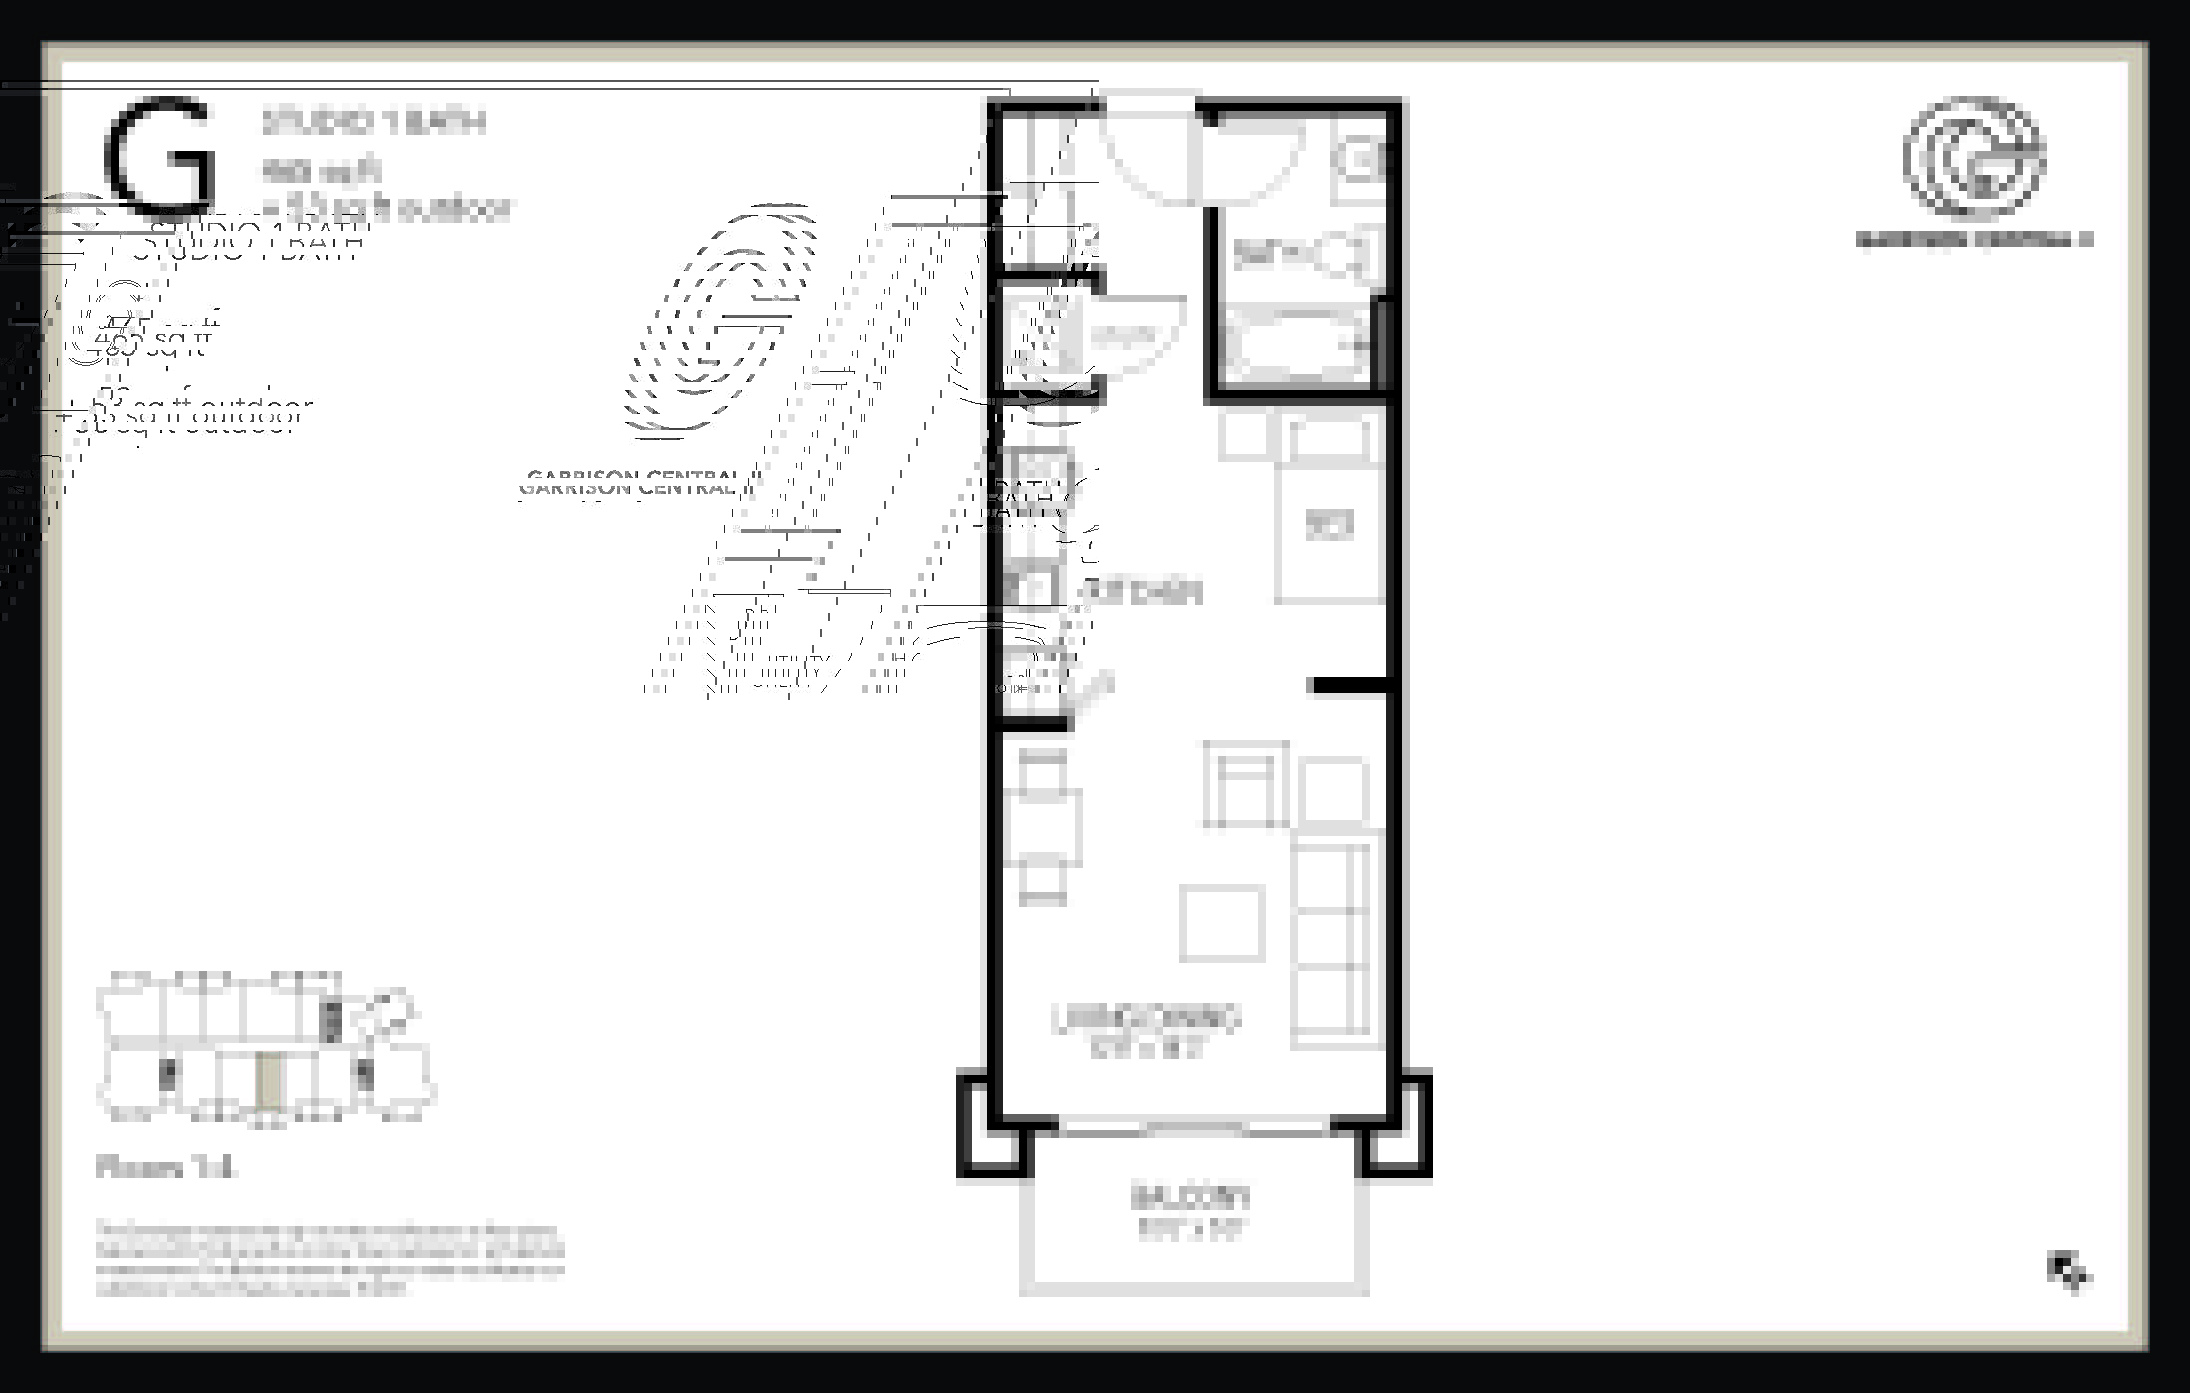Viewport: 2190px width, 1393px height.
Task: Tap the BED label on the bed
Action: (x=1329, y=524)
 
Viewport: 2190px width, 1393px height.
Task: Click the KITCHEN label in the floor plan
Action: (x=1140, y=592)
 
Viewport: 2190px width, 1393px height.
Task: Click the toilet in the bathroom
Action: (x=1344, y=255)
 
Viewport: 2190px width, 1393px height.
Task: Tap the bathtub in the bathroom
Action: (x=1294, y=344)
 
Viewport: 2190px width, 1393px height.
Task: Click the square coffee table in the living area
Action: (x=1221, y=922)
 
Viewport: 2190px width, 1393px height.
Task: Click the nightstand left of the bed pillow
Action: (x=1244, y=436)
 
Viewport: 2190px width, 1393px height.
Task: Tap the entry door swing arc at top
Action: (x=1150, y=149)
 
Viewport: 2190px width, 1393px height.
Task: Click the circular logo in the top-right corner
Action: (x=1974, y=156)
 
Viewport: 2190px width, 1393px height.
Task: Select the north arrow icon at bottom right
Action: (x=2069, y=1271)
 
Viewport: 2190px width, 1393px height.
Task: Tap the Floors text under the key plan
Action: (x=165, y=1167)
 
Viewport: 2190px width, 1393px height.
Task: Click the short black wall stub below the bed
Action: (x=1349, y=685)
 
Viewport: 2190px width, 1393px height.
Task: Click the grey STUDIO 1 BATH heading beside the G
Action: (x=373, y=123)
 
